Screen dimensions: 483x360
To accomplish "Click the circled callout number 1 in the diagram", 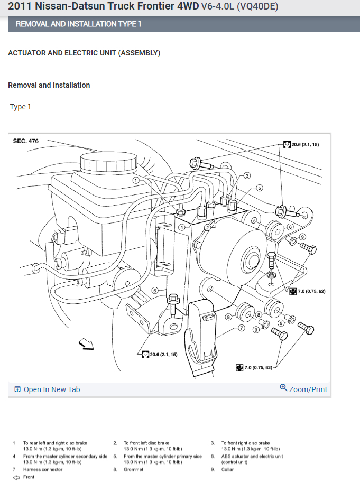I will tap(136, 180).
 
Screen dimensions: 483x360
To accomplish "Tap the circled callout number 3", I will tap(247, 175).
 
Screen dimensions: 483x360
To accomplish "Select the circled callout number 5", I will tap(260, 188).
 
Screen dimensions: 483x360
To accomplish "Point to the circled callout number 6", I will tap(155, 290).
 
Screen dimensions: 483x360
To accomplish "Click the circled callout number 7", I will tap(241, 328).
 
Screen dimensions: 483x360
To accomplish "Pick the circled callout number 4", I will tap(181, 227).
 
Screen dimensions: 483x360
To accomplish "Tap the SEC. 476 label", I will tap(26, 141).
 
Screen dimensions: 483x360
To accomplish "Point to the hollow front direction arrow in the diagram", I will tap(85, 345).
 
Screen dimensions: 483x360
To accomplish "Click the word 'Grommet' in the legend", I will tap(134, 469).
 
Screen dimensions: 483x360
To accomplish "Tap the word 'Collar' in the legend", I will tap(228, 469).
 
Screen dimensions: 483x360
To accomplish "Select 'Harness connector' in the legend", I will tap(42, 469).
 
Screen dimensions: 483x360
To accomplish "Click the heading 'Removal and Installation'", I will tap(49, 85).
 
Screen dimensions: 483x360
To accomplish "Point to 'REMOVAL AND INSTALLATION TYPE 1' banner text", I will tap(78, 24).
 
